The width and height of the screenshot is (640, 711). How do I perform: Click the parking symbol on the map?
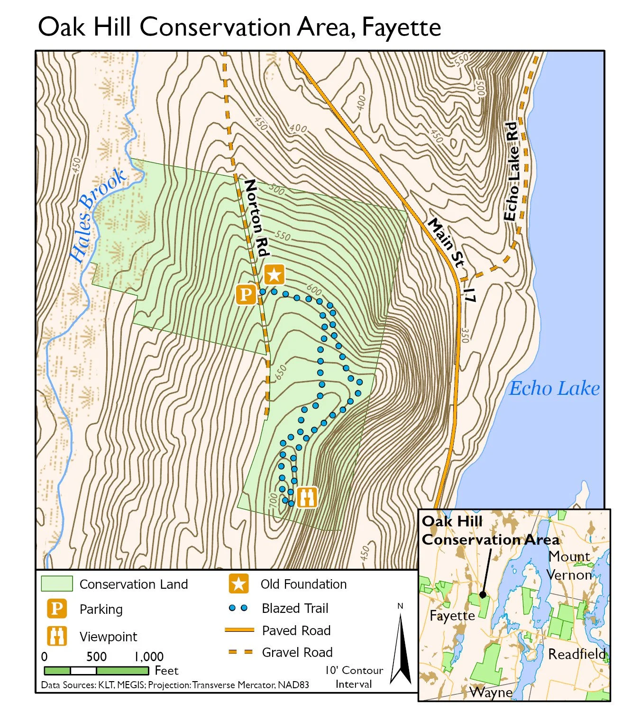[246, 294]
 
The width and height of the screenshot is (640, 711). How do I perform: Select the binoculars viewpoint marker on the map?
[307, 497]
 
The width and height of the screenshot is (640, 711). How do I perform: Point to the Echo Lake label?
[554, 389]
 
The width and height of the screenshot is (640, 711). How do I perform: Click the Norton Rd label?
[256, 218]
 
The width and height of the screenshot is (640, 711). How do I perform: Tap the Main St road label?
[446, 242]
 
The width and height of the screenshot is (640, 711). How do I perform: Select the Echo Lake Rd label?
[511, 172]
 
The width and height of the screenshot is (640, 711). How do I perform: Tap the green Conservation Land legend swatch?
[57, 584]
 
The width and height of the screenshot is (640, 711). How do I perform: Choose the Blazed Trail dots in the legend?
[238, 608]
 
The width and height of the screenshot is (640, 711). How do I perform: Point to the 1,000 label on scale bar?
[149, 656]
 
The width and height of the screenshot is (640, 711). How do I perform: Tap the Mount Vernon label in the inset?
[569, 565]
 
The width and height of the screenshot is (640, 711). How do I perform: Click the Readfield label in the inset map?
[576, 654]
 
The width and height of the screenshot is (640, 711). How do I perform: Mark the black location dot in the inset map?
[483, 594]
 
